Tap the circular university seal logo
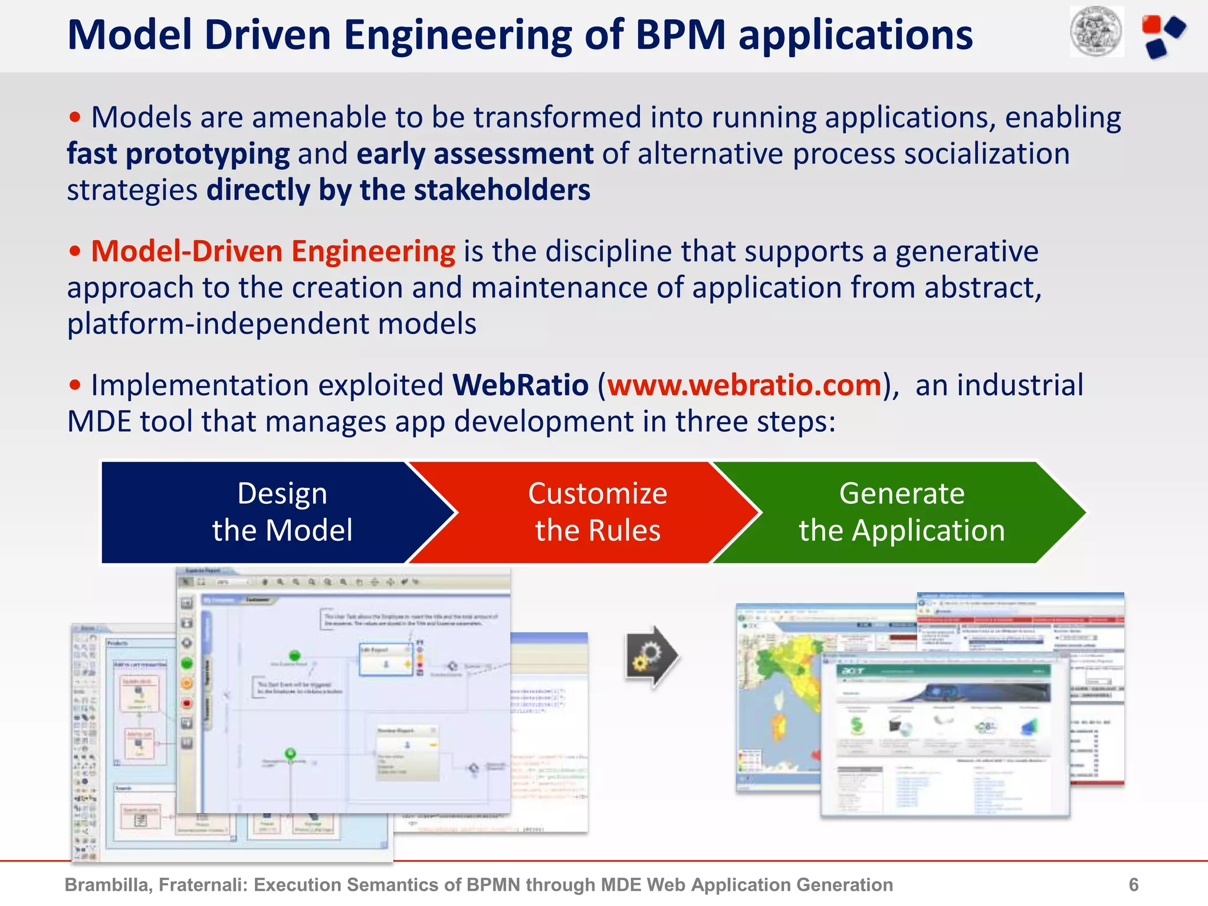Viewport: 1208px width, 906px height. pos(1097,31)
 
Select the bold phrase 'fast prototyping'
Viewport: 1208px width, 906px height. pos(178,155)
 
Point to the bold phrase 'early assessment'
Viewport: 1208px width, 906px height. pos(475,155)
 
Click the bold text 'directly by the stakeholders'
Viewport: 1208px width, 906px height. pos(398,191)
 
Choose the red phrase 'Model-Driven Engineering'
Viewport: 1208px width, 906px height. pos(273,252)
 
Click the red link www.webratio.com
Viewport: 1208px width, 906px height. pos(744,386)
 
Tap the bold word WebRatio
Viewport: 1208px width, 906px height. pos(520,386)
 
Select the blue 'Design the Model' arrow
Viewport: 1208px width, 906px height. pos(265,512)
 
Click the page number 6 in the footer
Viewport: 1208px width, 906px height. pos(1133,885)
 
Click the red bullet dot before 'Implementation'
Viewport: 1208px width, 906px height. pos(75,386)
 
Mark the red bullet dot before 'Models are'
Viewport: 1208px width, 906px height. pos(75,117)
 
